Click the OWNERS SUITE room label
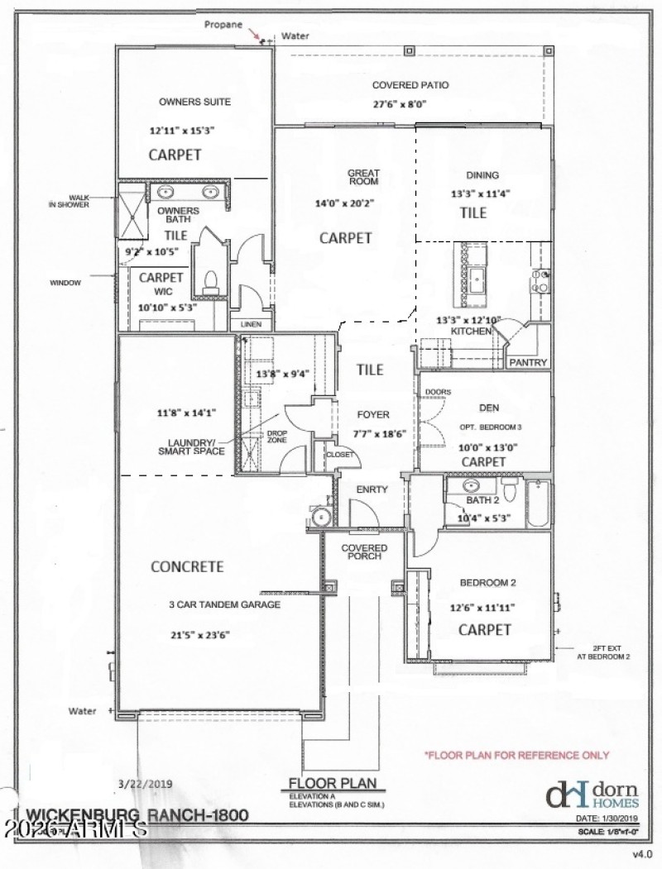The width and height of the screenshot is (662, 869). (x=194, y=103)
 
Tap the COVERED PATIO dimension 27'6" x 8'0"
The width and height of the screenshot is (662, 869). (x=399, y=105)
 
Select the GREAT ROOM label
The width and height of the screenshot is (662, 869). (x=362, y=177)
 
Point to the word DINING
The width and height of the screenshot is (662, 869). (x=482, y=175)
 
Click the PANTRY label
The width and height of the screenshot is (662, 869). (x=527, y=362)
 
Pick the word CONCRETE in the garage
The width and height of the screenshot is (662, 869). (x=187, y=567)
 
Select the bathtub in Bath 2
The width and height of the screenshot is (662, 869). (x=538, y=504)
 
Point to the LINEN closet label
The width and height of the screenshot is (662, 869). (x=250, y=325)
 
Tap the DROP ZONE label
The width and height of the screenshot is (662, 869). (x=276, y=437)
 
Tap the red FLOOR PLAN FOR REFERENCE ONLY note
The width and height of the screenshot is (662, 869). (x=516, y=755)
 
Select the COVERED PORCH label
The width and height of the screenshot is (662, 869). (x=365, y=552)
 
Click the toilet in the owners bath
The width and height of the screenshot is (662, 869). (x=211, y=279)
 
